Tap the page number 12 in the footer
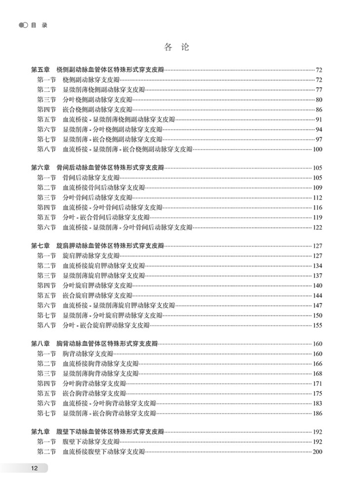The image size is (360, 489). [x=34, y=468]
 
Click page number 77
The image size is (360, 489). [x=319, y=89]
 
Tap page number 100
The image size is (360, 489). [x=317, y=149]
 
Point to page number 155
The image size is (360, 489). [x=317, y=325]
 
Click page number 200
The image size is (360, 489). [x=317, y=451]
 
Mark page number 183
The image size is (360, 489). [x=317, y=403]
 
